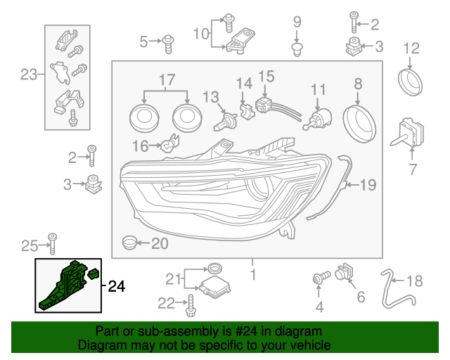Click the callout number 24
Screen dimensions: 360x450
(x=116, y=286)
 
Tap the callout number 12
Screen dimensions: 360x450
(x=411, y=49)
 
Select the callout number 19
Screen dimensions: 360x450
(x=368, y=186)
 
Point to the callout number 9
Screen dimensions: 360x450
(x=296, y=22)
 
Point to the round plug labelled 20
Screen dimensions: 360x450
(x=129, y=243)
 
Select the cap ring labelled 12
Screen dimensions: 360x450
(x=410, y=80)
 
